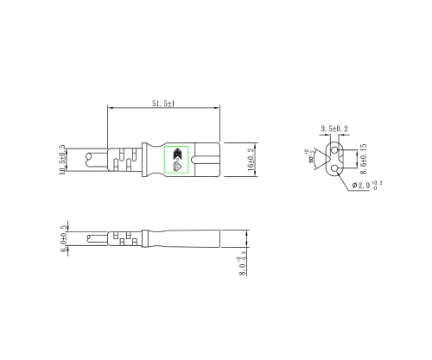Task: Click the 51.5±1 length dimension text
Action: pos(163,103)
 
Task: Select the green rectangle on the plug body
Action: pos(177,160)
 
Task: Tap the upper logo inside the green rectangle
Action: pos(178,154)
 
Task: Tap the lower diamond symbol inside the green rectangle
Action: pos(178,167)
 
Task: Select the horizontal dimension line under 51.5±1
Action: pos(163,108)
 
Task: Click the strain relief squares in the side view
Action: pos(123,237)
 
